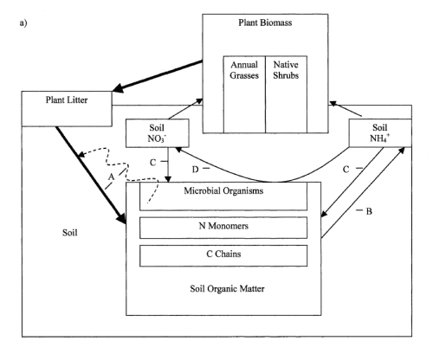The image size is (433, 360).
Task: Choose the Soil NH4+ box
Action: (x=378, y=134)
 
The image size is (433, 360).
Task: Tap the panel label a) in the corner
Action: (x=20, y=14)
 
